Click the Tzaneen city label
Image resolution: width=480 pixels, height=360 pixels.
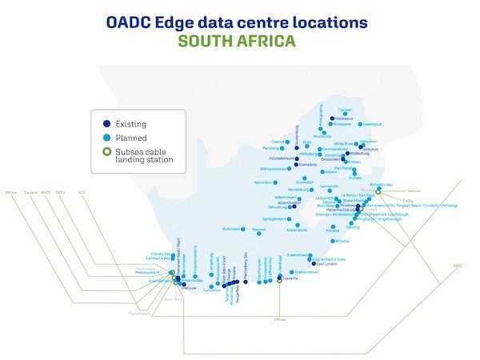pyautogui.click(x=345, y=110)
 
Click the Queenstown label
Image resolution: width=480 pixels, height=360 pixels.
pyautogui.click(x=298, y=254)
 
